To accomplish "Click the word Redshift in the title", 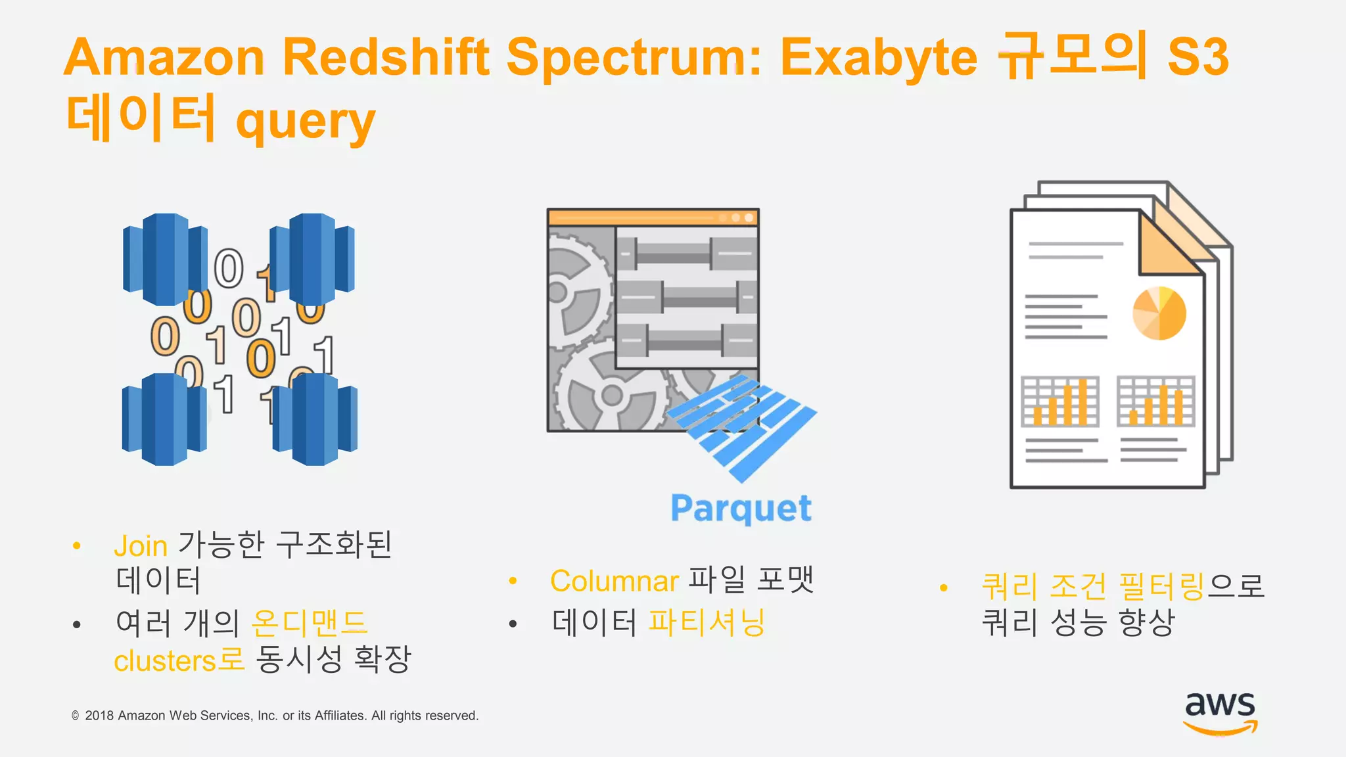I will (x=386, y=57).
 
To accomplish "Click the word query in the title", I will (x=306, y=123).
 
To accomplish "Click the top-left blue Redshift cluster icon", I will (x=166, y=260).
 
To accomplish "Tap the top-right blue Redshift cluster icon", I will (x=312, y=260).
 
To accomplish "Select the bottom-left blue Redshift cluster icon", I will (x=164, y=419).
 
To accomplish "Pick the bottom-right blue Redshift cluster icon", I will (x=315, y=419).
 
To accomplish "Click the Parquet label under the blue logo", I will (x=741, y=509).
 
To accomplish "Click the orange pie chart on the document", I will (x=1159, y=313).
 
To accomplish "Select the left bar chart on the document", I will (x=1059, y=401).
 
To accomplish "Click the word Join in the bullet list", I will (x=141, y=546).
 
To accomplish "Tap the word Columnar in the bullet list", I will (x=614, y=581).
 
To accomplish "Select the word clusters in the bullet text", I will (x=165, y=661).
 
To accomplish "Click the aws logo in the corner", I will (x=1220, y=713).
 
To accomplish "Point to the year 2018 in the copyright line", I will (x=99, y=716).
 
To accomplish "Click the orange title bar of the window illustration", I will (x=653, y=218).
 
